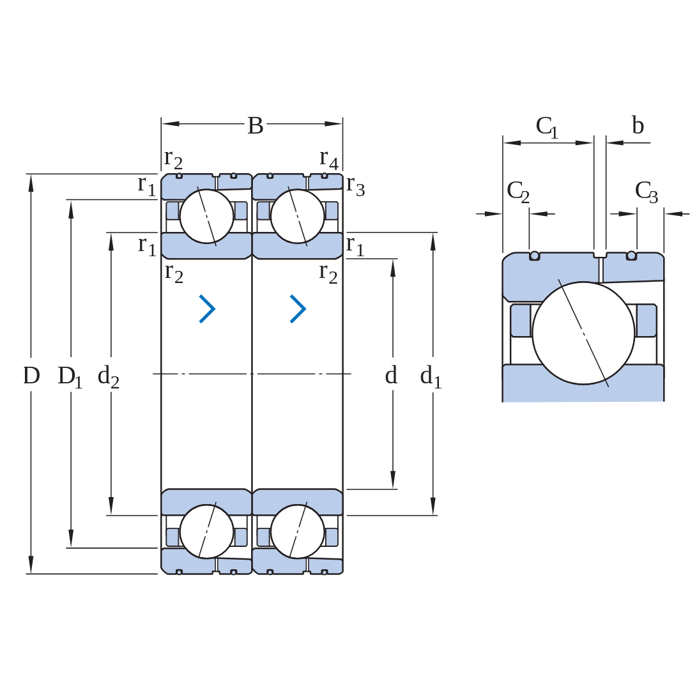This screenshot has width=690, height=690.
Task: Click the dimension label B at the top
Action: pos(255,126)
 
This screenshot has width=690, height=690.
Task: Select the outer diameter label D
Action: pos(31,376)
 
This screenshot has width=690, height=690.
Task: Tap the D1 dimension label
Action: pos(70,377)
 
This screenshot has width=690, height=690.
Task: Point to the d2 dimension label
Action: pos(108,377)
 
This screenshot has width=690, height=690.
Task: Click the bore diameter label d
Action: pos(391,376)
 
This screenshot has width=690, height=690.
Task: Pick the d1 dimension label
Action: pos(431,377)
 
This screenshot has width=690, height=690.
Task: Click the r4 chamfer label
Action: pos(329,159)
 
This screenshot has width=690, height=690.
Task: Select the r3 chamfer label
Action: pos(355,186)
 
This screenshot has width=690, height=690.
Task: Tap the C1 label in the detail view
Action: pos(547,128)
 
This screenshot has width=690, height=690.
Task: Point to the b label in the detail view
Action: pos(638,125)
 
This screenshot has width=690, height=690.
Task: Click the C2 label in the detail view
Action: pos(518,192)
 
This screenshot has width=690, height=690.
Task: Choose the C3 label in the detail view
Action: pos(647,192)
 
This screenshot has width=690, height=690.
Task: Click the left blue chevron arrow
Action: pos(208,309)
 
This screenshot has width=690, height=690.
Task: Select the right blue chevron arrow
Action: pos(298,309)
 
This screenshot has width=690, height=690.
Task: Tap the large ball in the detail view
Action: pos(583,333)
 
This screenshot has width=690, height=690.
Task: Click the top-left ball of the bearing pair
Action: pos(206,217)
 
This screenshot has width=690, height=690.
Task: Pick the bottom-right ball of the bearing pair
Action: pos(298,532)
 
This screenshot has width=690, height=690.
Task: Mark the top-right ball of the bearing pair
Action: pos(298,217)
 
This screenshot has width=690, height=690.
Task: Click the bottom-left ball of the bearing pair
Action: pos(206,532)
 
